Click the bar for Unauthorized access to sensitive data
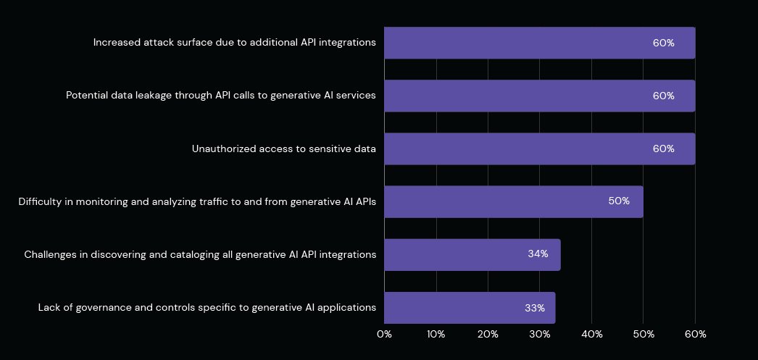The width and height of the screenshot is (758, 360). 539,148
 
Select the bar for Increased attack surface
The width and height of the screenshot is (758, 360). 539,43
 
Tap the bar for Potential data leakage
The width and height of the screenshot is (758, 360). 539,96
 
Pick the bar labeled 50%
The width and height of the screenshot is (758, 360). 513,201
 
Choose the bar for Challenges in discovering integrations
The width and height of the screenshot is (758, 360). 472,254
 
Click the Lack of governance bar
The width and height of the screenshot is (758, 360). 469,308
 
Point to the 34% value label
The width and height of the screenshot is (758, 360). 538,254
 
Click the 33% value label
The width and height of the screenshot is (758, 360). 535,308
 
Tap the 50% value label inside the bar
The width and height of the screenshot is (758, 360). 619,201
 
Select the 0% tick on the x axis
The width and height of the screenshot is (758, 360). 384,334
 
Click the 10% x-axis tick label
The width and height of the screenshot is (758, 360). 436,334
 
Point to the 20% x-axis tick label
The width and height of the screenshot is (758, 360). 488,334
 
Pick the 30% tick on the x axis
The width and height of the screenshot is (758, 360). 540,334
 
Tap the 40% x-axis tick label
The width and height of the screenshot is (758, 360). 591,334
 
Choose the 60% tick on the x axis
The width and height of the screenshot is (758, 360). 695,334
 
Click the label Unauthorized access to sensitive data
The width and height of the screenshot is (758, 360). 284,149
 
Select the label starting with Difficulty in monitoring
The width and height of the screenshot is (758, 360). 197,202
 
